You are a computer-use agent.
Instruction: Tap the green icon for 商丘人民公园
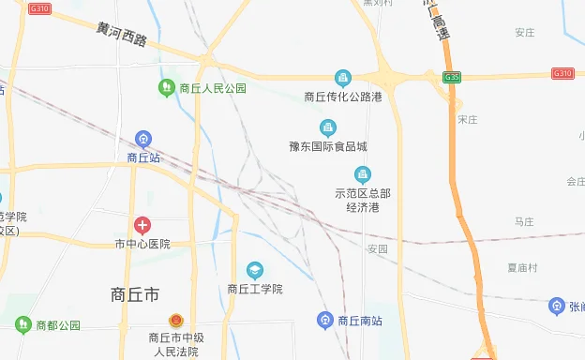click(x=166, y=88)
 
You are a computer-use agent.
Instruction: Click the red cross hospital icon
click(x=142, y=225)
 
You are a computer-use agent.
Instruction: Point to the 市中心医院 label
click(x=142, y=244)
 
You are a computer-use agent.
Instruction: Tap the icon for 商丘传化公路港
click(x=343, y=78)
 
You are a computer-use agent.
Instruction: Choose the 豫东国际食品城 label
click(x=328, y=146)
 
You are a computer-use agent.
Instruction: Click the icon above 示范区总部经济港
click(x=363, y=173)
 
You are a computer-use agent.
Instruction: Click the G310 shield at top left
click(x=39, y=8)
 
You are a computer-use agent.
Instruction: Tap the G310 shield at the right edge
click(x=562, y=73)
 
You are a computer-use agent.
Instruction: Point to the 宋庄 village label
click(x=468, y=120)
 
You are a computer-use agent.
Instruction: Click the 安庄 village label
click(x=524, y=33)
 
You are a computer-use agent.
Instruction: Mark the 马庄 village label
click(x=524, y=221)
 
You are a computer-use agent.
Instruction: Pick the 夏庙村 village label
click(x=522, y=267)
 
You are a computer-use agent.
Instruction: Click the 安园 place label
click(x=377, y=249)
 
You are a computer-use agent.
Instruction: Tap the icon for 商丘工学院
click(x=254, y=271)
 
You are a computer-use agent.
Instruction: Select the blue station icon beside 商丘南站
click(x=325, y=320)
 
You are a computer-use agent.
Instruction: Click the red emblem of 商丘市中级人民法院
click(x=174, y=321)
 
